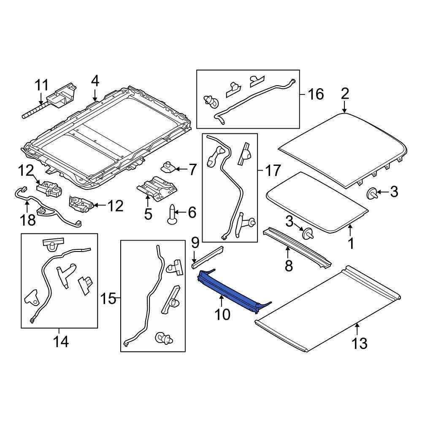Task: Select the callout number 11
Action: [x=42, y=85]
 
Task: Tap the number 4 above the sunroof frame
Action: [x=95, y=80]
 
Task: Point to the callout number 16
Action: [x=316, y=94]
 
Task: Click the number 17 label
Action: [x=273, y=170]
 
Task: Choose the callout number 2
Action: [x=345, y=94]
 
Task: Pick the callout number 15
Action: [x=108, y=299]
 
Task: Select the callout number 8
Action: [x=288, y=266]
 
